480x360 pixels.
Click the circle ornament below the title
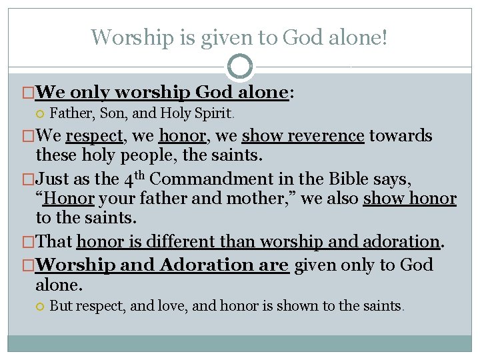239,67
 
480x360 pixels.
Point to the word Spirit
214,113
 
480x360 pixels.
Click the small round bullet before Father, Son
41,113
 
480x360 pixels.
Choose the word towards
401,137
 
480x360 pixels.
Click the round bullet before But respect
41,307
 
